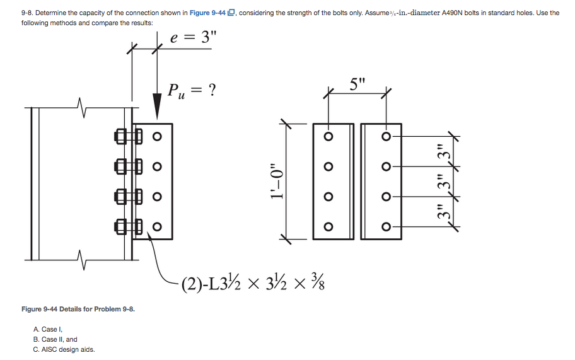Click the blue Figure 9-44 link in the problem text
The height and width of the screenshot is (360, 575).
214,13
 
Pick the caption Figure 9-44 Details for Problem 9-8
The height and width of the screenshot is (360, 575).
78,309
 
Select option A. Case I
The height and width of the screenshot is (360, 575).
48,329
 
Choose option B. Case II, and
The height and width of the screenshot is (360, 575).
55,339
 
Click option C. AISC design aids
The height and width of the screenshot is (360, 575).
64,349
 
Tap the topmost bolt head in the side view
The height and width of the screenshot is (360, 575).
120,136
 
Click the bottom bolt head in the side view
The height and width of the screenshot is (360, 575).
120,226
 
